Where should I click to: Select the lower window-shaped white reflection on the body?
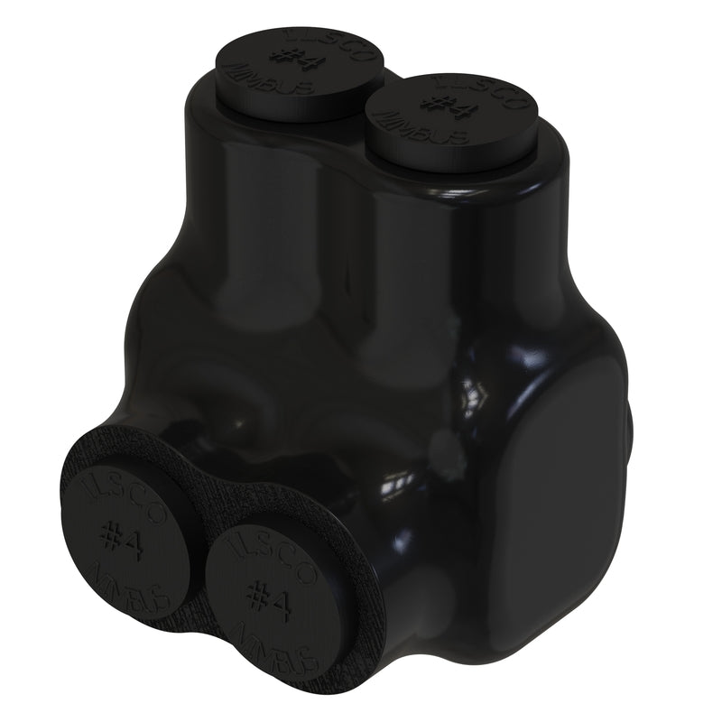(x=397, y=487)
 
